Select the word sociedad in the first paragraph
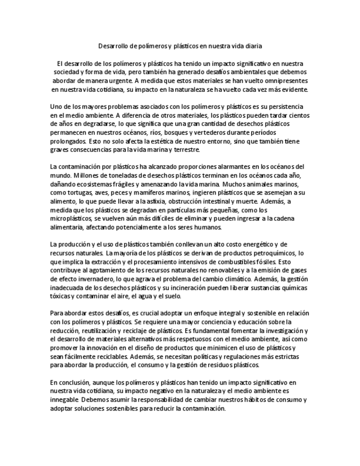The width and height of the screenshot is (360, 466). (67, 72)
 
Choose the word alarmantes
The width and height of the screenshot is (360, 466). (240, 167)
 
